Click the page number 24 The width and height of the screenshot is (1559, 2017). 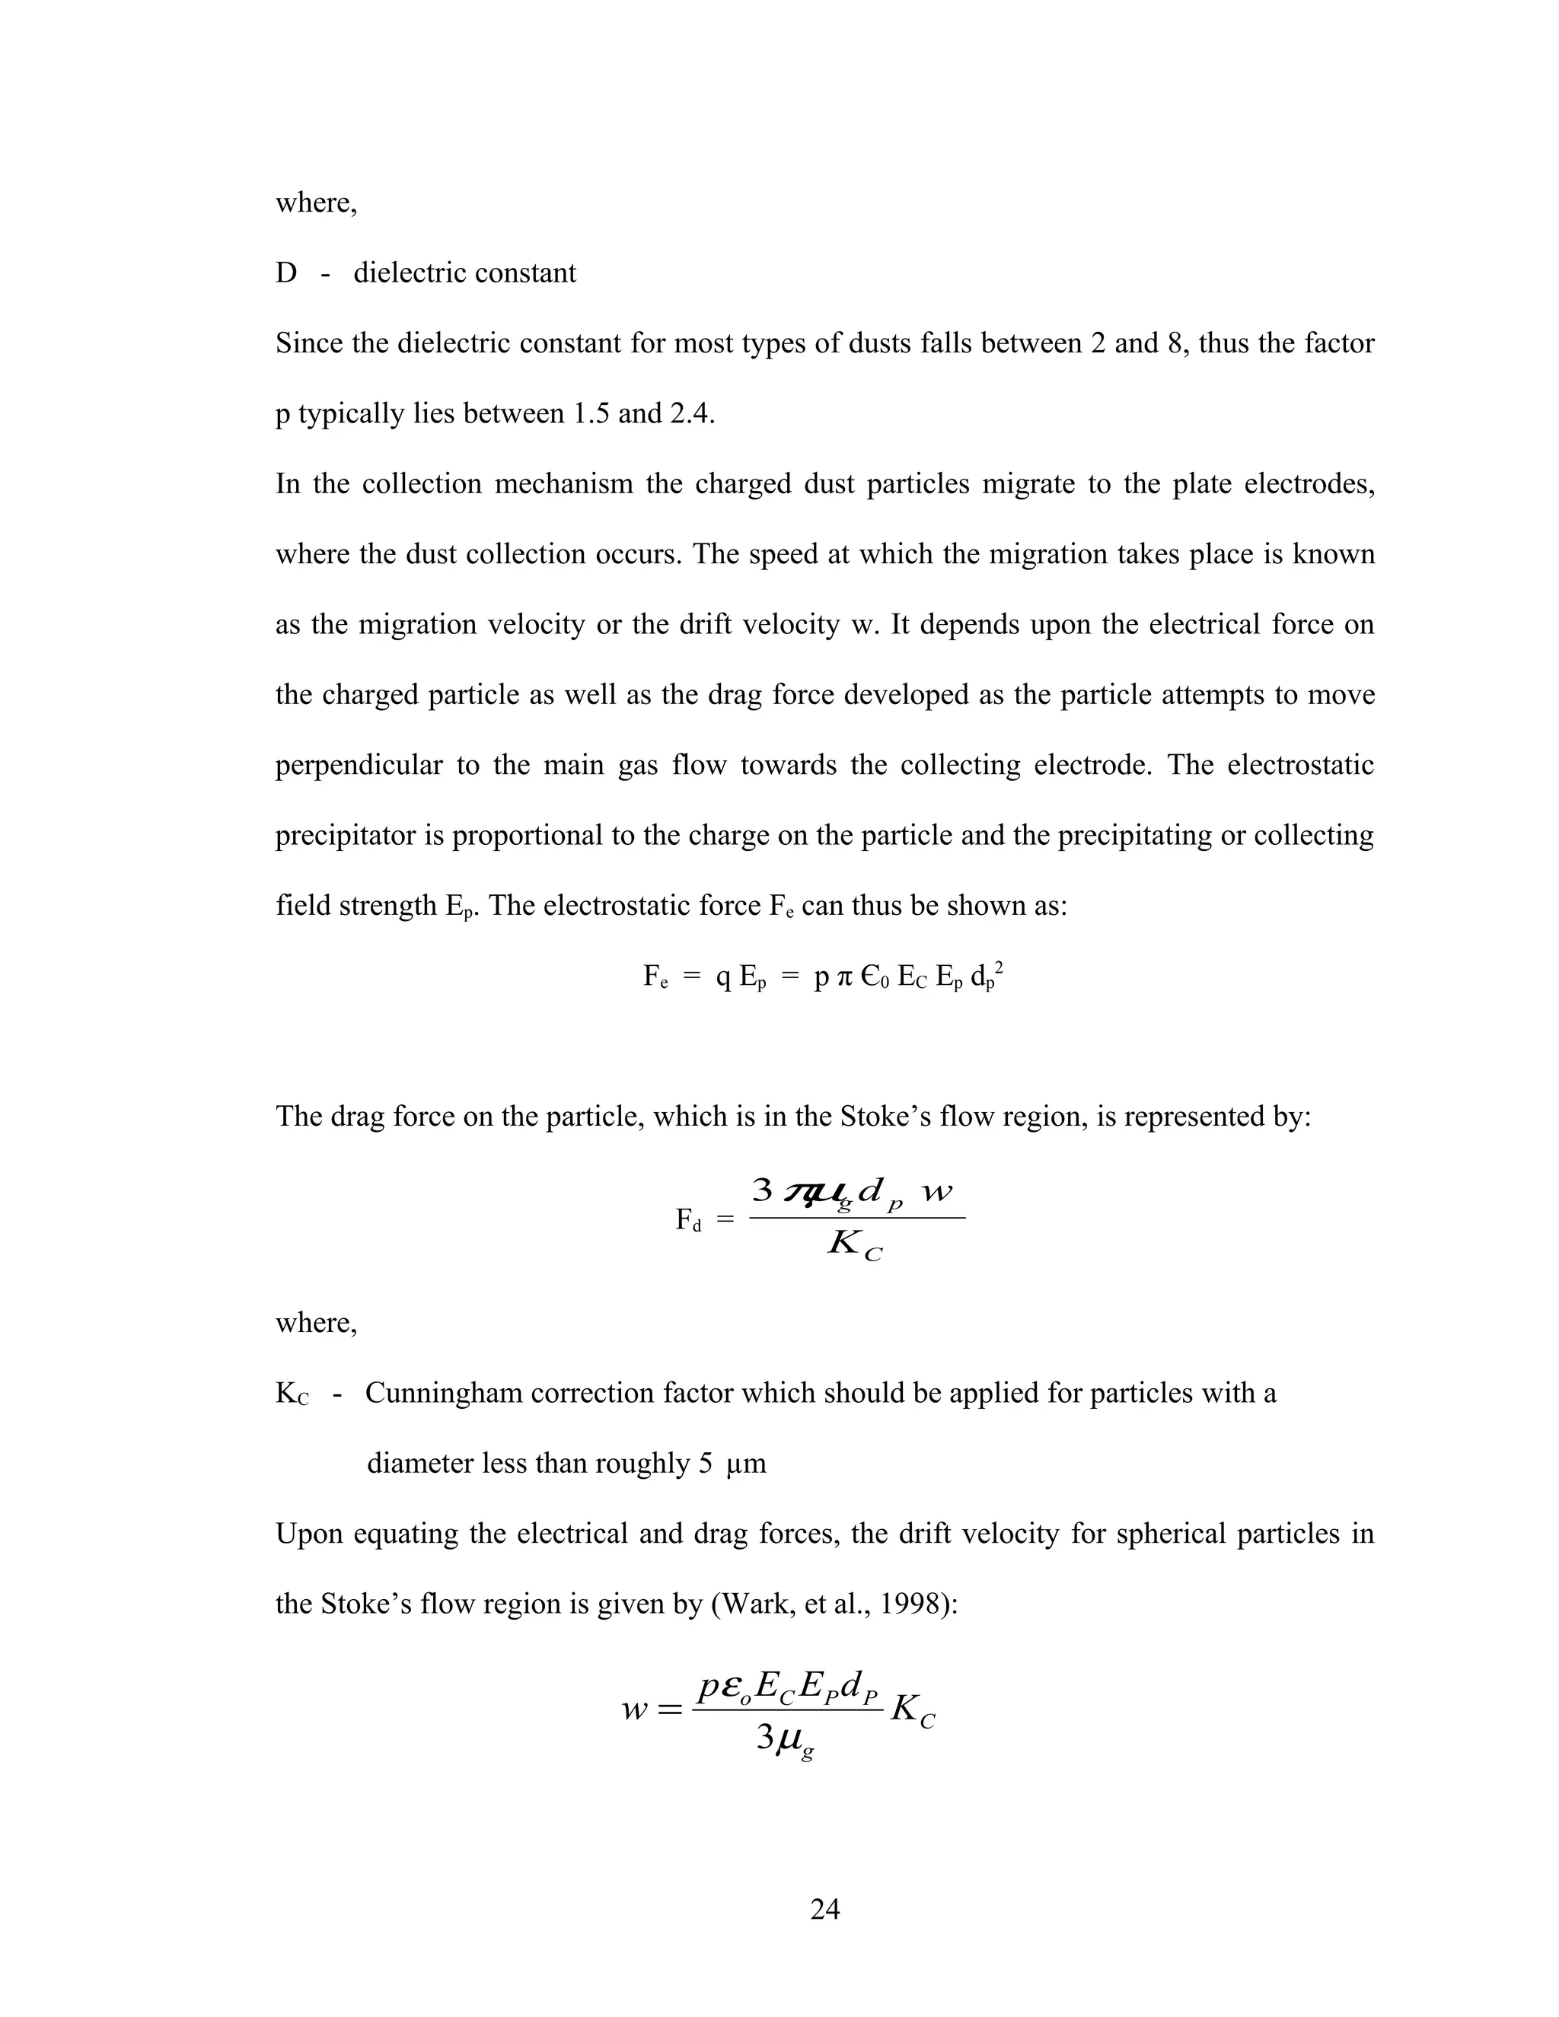point(824,1908)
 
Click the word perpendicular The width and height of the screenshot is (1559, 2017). point(359,766)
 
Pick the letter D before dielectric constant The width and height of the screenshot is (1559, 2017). point(286,273)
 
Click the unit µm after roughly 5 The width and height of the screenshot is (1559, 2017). point(746,1464)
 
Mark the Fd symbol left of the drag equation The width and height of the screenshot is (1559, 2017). point(688,1221)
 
